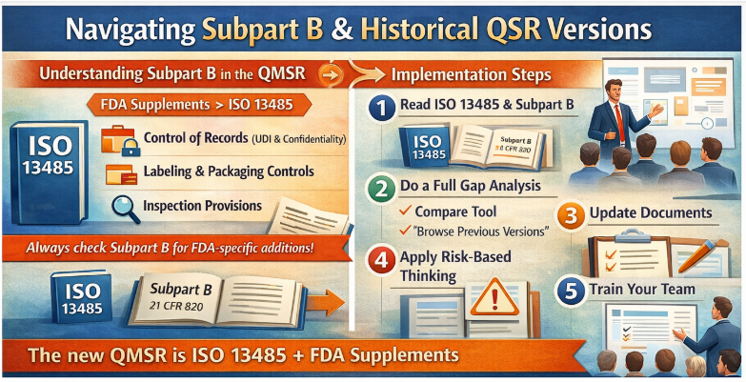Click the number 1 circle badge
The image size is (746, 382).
coord(380,109)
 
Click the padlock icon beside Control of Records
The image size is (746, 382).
coord(119,140)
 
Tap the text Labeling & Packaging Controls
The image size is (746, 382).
coord(228,171)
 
